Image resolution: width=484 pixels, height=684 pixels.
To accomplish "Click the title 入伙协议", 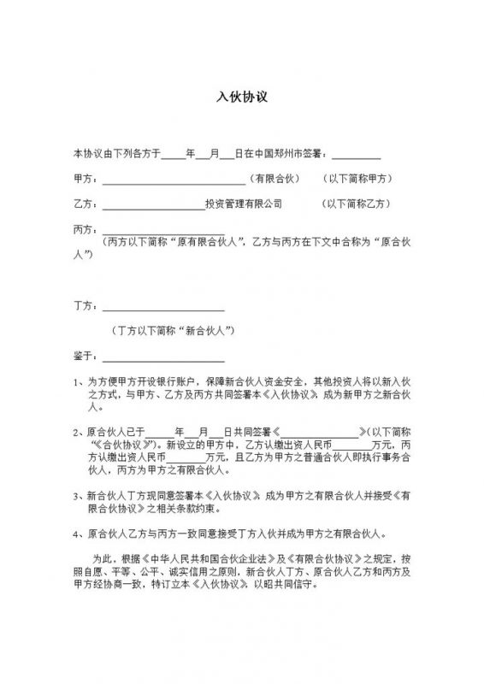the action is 242,97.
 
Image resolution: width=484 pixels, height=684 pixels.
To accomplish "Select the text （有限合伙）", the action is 271,180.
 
